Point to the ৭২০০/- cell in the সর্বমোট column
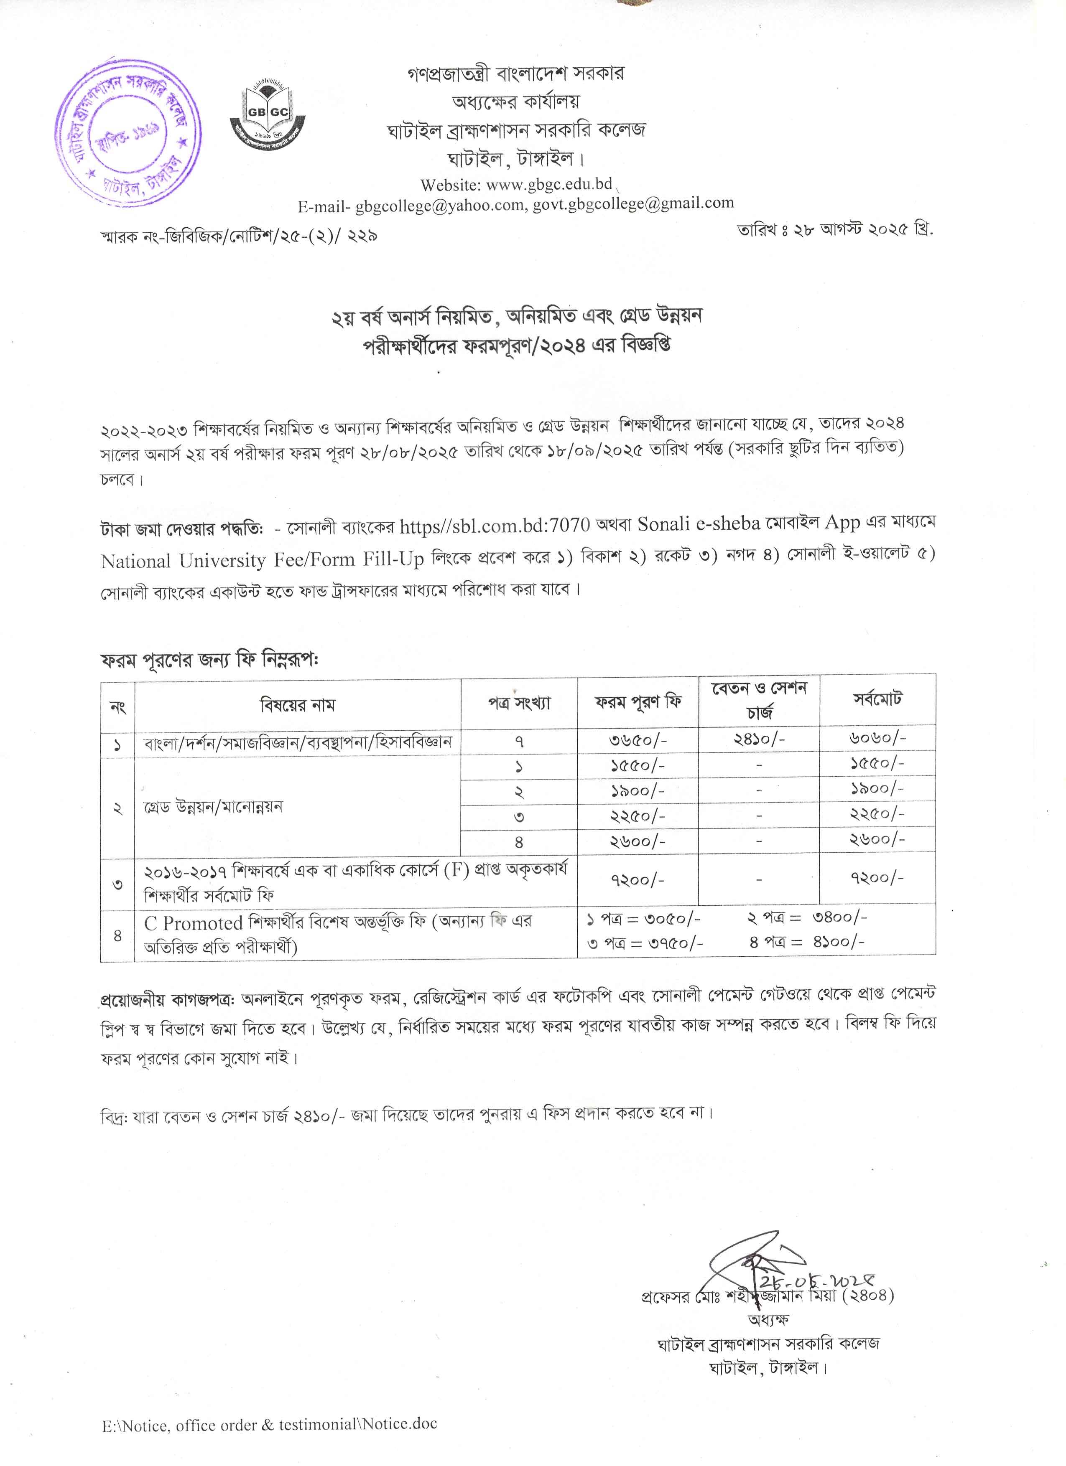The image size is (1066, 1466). [x=877, y=878]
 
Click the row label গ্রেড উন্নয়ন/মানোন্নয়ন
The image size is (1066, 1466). [x=214, y=807]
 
